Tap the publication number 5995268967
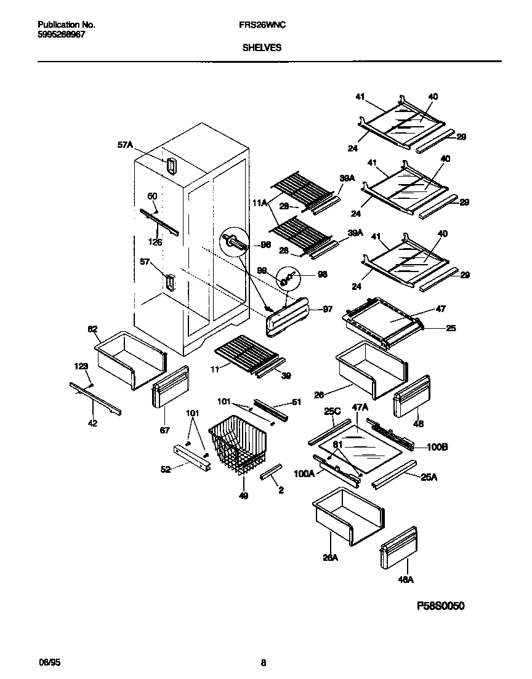tap(62, 34)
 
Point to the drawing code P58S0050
tap(441, 606)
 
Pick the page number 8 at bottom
tap(264, 663)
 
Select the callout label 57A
tap(125, 145)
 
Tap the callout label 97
tap(328, 309)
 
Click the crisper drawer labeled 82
tap(129, 360)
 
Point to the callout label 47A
tap(360, 408)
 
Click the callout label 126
tap(156, 243)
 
